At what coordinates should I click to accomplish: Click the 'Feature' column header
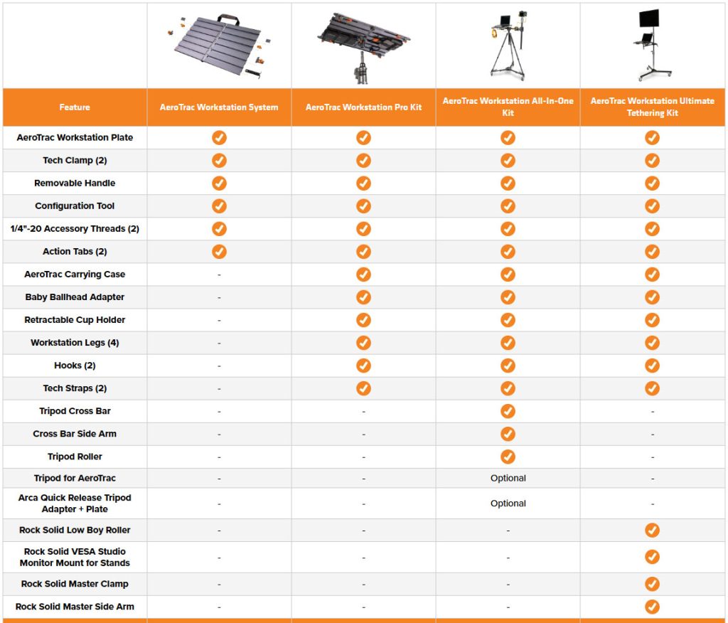(x=75, y=107)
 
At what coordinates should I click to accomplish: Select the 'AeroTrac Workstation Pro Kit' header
(x=363, y=107)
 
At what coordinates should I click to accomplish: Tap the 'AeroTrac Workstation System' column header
(x=219, y=107)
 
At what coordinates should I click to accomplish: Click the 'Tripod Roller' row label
(x=75, y=457)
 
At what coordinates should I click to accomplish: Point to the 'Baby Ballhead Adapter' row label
(x=75, y=297)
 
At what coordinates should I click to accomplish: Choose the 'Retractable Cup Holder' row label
(x=75, y=319)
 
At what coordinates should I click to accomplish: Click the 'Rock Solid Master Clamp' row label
(x=75, y=584)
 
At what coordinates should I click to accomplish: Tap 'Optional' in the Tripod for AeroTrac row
(x=508, y=478)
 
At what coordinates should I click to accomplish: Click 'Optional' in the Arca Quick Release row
(x=508, y=503)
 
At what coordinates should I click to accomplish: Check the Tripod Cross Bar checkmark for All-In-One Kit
(x=508, y=411)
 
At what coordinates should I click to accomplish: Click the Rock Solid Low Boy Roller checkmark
(x=653, y=530)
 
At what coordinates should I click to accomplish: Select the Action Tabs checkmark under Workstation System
(x=219, y=251)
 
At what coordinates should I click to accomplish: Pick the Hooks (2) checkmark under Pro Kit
(x=363, y=366)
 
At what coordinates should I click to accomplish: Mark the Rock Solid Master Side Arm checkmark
(x=653, y=607)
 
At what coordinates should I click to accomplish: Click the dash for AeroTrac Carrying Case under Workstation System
(x=219, y=275)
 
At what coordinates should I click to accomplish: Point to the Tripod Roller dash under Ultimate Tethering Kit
(x=653, y=457)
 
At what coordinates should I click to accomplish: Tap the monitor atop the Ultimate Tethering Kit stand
(x=649, y=18)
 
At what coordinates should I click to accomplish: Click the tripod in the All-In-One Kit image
(x=508, y=55)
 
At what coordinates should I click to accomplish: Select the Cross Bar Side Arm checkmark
(x=508, y=434)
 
